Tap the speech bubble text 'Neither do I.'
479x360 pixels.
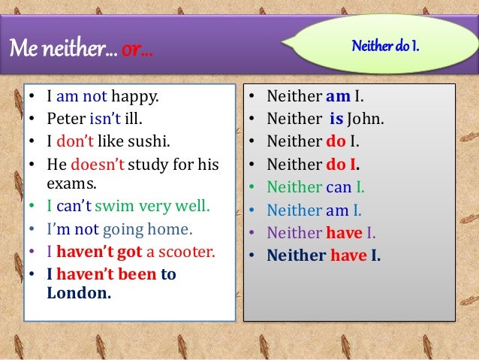pyautogui.click(x=386, y=47)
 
